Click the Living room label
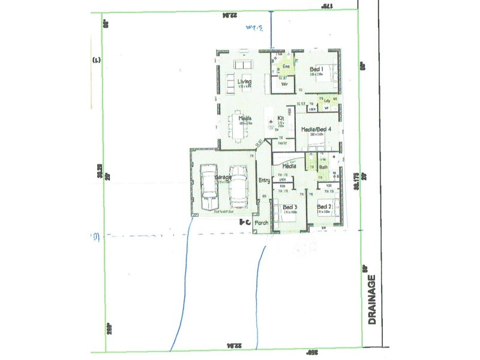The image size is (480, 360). pos(244,82)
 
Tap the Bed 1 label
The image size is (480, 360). pos(317,70)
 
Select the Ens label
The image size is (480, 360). pos(286,65)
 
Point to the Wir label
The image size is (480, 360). pos(286,85)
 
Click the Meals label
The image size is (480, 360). pos(244,118)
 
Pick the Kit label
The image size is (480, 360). pos(280,118)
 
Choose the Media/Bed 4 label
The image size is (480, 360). pos(317,129)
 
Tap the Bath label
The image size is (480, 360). pos(323,167)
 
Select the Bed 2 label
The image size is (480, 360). pos(325,208)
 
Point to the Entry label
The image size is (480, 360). pos(264,180)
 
